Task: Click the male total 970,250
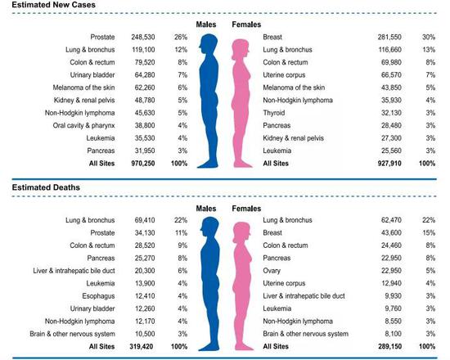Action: [145, 162]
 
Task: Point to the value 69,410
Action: [146, 221]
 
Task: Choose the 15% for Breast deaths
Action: [426, 234]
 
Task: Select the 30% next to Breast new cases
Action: [426, 38]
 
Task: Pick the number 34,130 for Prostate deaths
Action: [146, 234]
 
